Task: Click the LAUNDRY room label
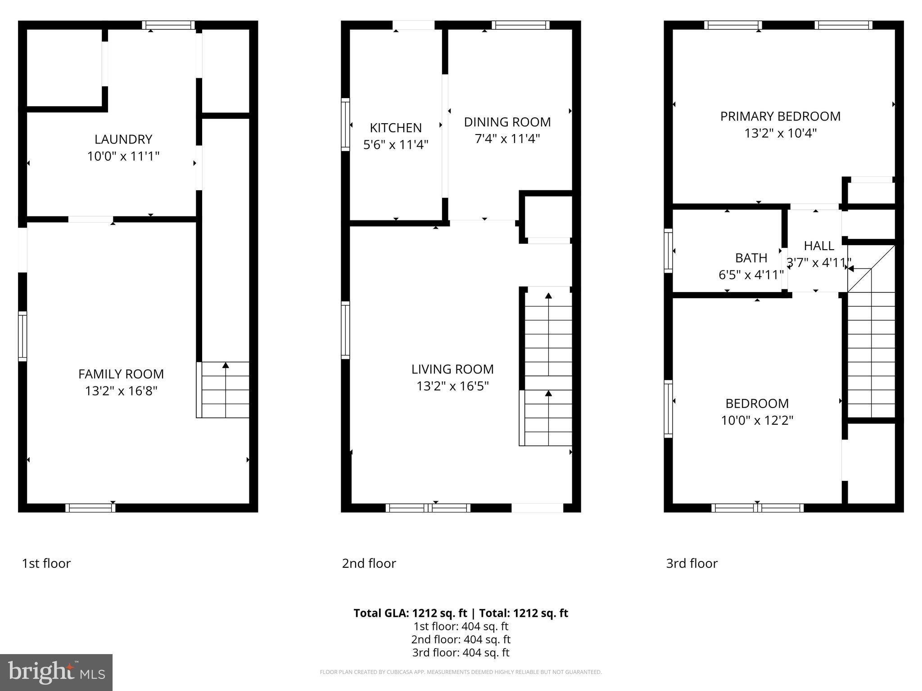pyautogui.click(x=123, y=139)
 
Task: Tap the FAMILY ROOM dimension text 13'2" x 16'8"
pyautogui.click(x=121, y=390)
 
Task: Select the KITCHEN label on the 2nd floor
pyautogui.click(x=396, y=128)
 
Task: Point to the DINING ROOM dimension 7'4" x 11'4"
pyautogui.click(x=507, y=139)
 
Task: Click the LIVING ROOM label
pyautogui.click(x=452, y=369)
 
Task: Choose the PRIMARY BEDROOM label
pyautogui.click(x=780, y=116)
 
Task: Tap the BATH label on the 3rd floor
pyautogui.click(x=751, y=258)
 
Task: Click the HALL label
pyautogui.click(x=819, y=246)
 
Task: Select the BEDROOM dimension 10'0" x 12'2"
pyautogui.click(x=757, y=420)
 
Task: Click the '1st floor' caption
pyautogui.click(x=46, y=563)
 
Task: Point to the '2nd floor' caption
pyautogui.click(x=369, y=563)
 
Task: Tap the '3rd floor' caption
pyautogui.click(x=691, y=563)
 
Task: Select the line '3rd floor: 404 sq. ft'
pyautogui.click(x=461, y=652)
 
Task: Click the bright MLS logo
pyautogui.click(x=56, y=672)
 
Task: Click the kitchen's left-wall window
pyautogui.click(x=345, y=124)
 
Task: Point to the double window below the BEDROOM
pyautogui.click(x=757, y=508)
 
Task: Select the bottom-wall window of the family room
pyautogui.click(x=90, y=508)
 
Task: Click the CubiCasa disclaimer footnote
pyautogui.click(x=461, y=672)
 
